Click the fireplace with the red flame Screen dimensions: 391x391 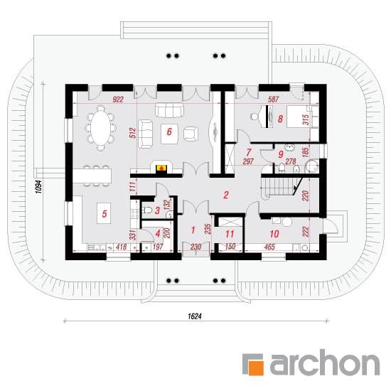click(x=161, y=168)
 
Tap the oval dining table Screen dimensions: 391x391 click(x=100, y=128)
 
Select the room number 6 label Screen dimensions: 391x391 click(x=169, y=132)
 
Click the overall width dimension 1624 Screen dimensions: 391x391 click(x=195, y=316)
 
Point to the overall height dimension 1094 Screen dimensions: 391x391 click(x=38, y=187)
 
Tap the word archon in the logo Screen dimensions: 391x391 click(x=325, y=363)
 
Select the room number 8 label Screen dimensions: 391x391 click(x=280, y=119)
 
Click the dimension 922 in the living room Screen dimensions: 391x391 click(x=118, y=100)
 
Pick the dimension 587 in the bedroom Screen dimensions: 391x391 click(x=273, y=100)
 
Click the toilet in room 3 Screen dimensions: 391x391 click(x=147, y=210)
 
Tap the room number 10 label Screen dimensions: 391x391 click(x=274, y=234)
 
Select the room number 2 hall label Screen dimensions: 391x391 click(x=226, y=195)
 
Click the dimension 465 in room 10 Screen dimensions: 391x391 click(x=269, y=247)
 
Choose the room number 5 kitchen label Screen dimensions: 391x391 click(x=105, y=214)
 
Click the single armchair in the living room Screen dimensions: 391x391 click(x=191, y=134)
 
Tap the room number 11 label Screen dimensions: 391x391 click(x=230, y=234)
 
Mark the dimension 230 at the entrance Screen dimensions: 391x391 click(x=195, y=247)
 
